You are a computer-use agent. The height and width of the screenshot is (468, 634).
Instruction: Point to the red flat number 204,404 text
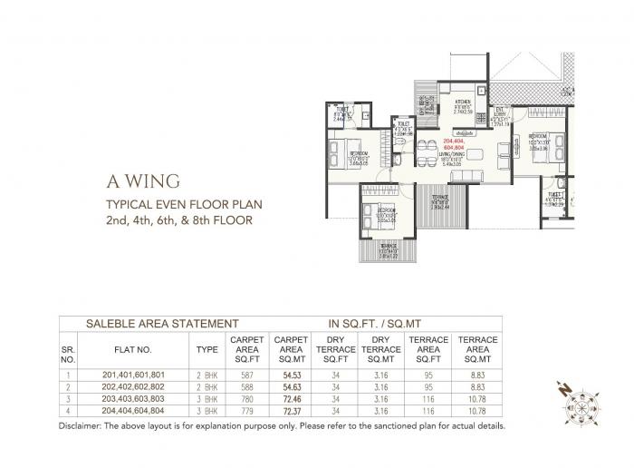tap(454, 141)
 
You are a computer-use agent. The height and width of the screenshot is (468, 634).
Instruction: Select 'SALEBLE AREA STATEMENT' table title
tap(162, 322)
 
